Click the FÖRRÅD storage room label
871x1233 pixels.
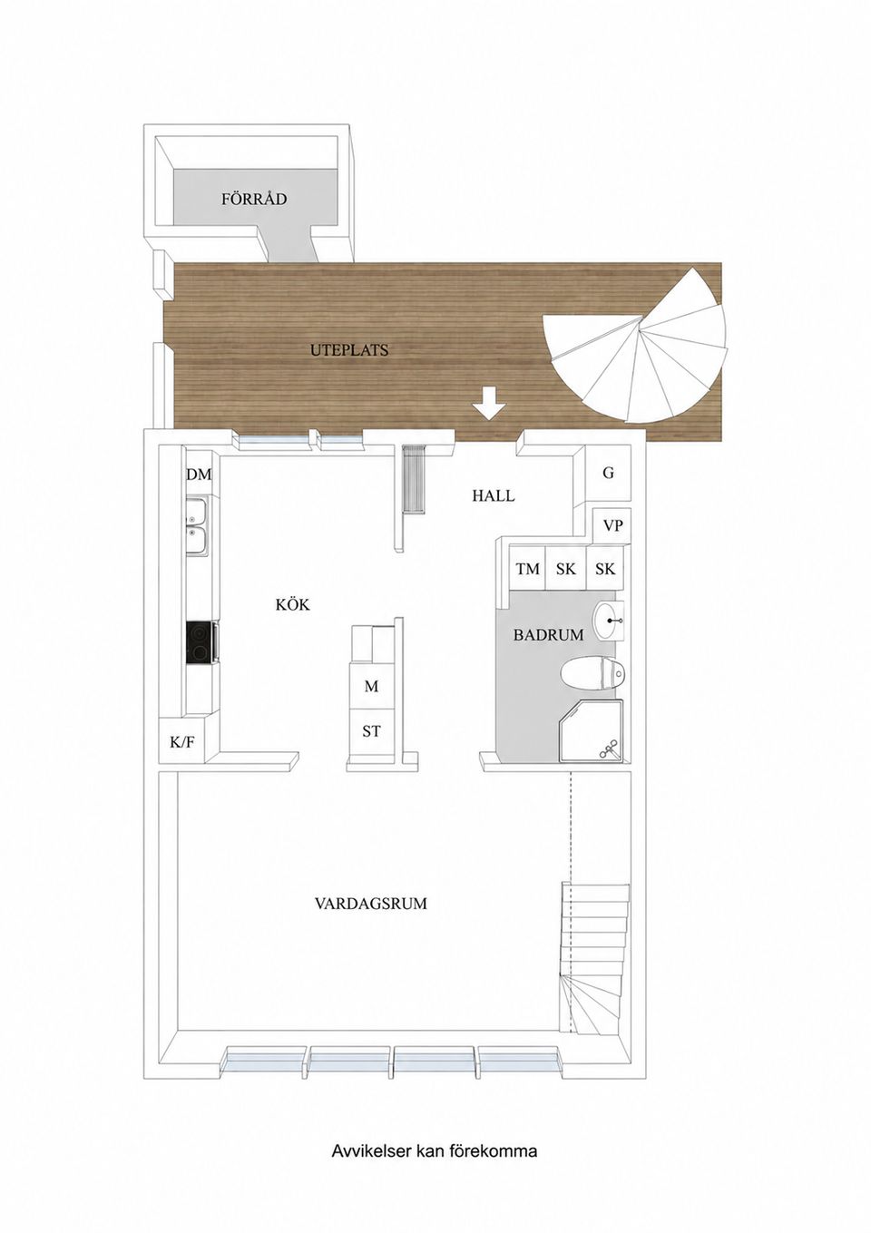[x=254, y=199]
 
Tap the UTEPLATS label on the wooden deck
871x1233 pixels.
[x=349, y=349]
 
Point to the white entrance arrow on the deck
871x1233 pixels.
[x=489, y=403]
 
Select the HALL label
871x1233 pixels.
[x=494, y=495]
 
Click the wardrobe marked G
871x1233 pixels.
[x=609, y=473]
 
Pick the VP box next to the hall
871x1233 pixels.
[x=612, y=525]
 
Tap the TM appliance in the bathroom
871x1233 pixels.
[x=527, y=568]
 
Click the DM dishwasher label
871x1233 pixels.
[x=199, y=475]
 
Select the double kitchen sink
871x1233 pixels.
[x=197, y=526]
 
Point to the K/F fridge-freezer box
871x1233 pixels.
[x=182, y=742]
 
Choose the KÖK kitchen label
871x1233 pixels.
[x=293, y=605]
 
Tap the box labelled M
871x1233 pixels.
[x=372, y=687]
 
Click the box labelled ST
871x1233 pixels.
[x=372, y=731]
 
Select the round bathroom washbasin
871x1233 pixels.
[x=612, y=621]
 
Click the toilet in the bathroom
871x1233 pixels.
[x=592, y=672]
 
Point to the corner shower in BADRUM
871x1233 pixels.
[x=592, y=731]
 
